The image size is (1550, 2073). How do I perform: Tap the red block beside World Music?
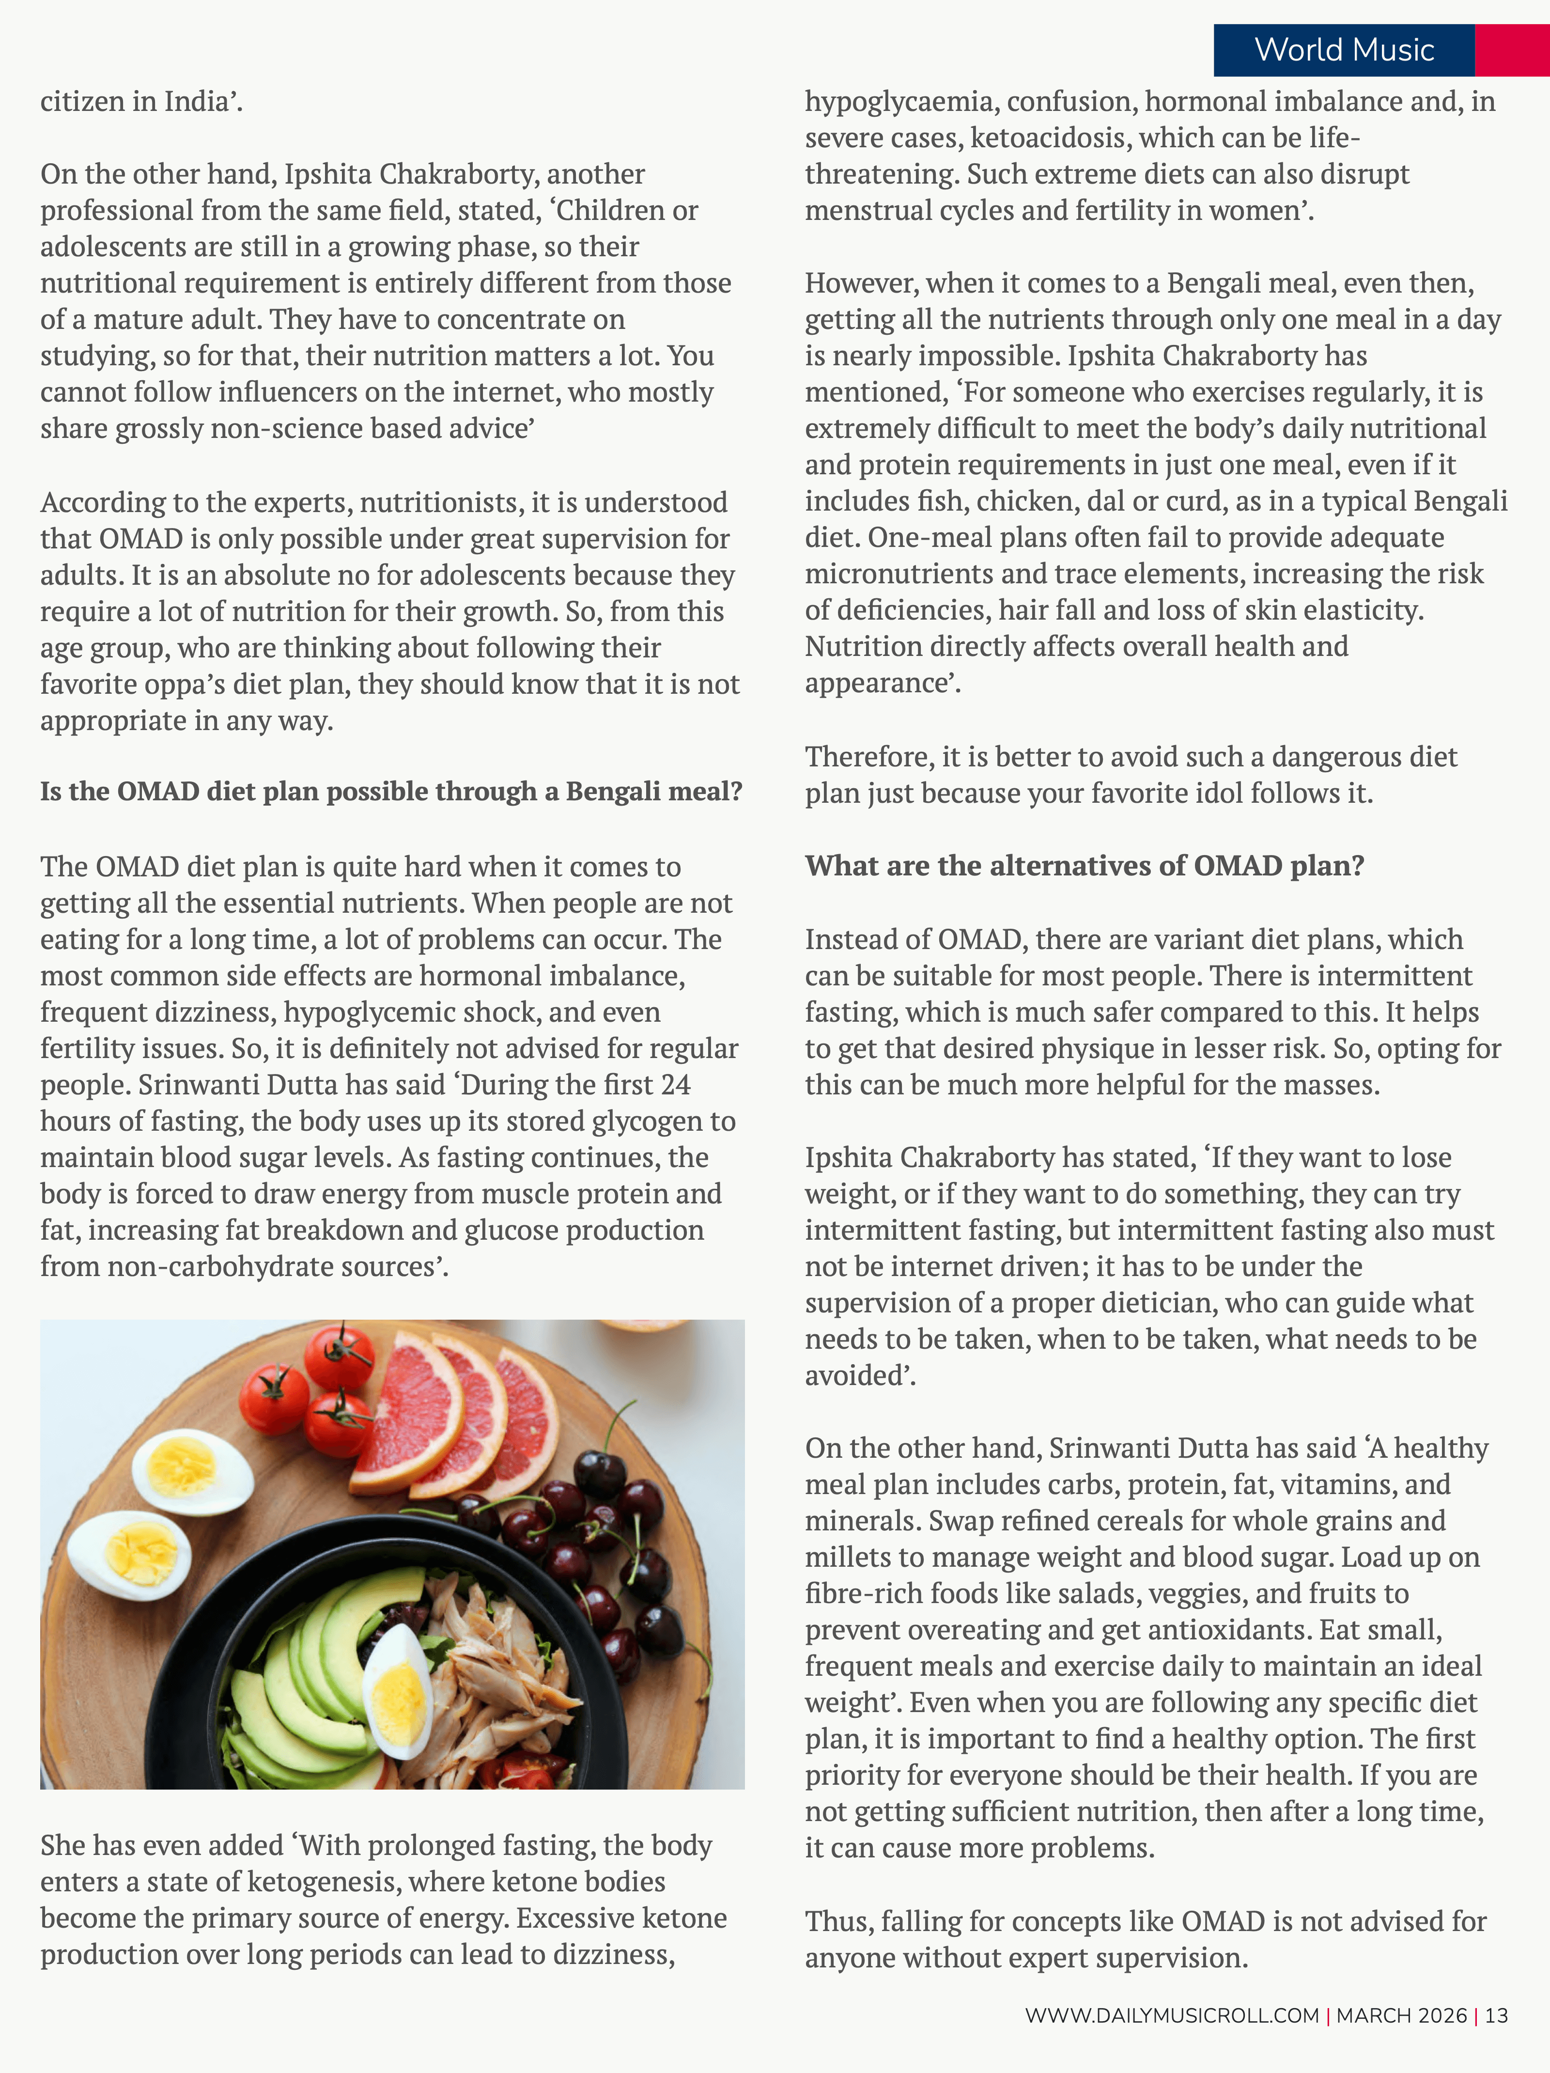(x=1512, y=50)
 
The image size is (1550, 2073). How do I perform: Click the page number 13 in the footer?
(x=1497, y=2015)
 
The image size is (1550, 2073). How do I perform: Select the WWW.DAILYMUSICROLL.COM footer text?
(x=1171, y=2015)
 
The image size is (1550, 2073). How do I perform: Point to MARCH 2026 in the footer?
(x=1401, y=2015)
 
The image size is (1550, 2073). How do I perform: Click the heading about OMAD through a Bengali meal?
(x=391, y=792)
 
